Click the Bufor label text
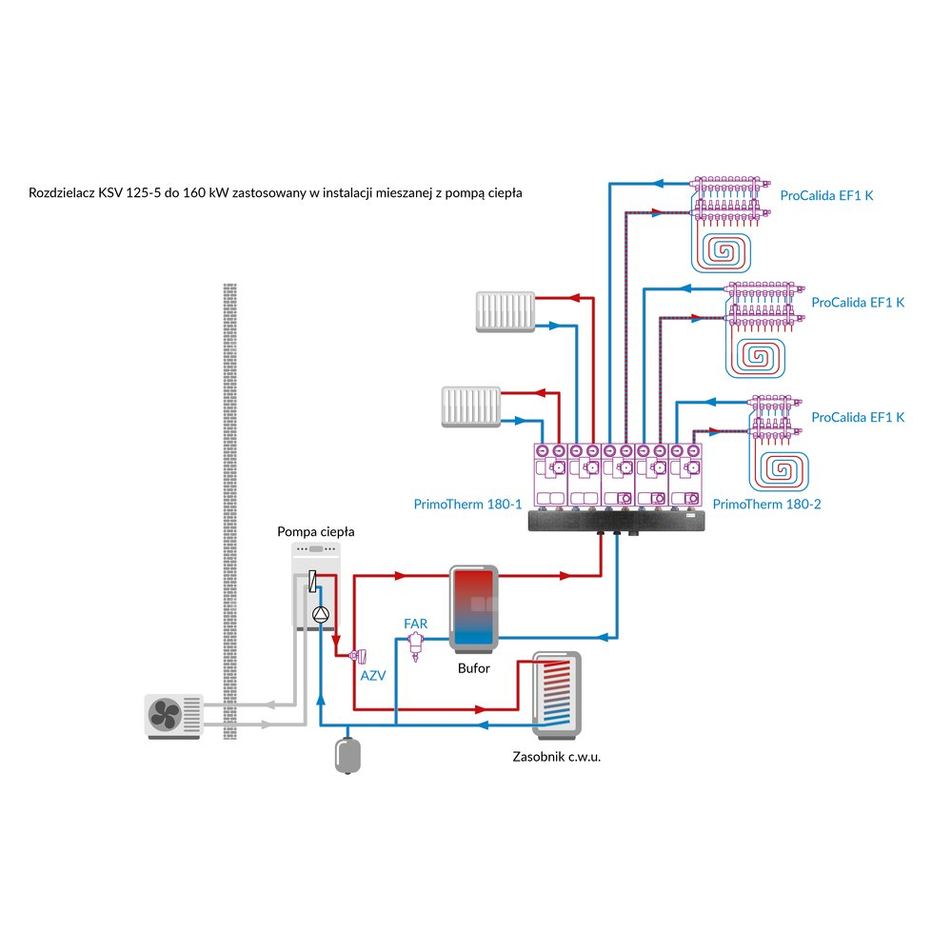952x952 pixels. pos(473,668)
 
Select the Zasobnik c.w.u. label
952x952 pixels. pos(557,758)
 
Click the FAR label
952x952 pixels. pos(415,624)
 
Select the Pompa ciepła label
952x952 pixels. pos(315,531)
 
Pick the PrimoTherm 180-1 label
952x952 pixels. pos(467,504)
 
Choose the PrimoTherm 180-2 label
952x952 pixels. pos(766,504)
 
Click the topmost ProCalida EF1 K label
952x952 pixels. pos(826,195)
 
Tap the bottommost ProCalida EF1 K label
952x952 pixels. pos(858,417)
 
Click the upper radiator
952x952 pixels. pos(505,312)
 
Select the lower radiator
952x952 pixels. pos(470,406)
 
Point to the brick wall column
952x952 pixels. pos(228,505)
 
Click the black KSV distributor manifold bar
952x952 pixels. pos(620,519)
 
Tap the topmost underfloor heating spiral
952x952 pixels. pos(728,248)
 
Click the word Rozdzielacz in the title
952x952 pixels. pos(62,193)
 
